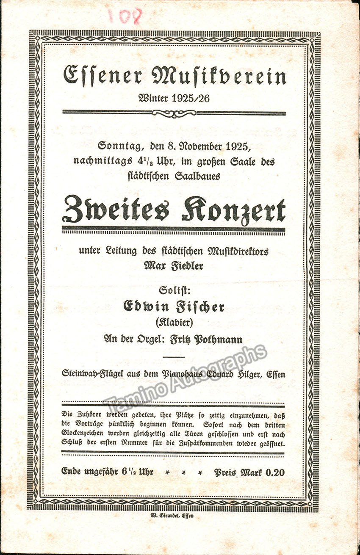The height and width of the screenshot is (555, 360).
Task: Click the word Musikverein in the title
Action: (x=219, y=76)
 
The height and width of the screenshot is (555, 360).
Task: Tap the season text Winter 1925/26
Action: (x=174, y=98)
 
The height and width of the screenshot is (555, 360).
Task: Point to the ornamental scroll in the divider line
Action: (x=174, y=113)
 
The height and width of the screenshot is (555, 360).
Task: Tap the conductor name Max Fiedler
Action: (x=173, y=266)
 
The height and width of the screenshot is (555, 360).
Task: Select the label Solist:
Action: (x=173, y=291)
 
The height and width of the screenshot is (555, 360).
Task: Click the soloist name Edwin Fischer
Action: (x=173, y=306)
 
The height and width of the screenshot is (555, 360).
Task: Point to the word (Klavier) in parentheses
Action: (x=173, y=323)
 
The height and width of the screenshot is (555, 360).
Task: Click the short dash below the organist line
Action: (x=174, y=357)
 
